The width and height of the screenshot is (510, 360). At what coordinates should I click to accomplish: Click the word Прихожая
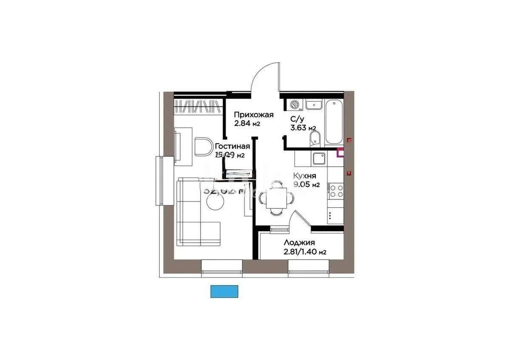pos(254,115)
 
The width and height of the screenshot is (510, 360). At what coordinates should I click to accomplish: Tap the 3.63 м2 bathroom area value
pos(303,128)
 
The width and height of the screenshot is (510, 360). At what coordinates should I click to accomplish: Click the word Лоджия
pos(299,243)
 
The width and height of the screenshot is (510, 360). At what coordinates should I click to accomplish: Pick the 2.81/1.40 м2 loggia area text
pos(305,252)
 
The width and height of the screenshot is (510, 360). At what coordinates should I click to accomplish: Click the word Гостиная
pos(232,147)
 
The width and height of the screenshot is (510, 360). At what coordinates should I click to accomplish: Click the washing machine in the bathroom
pos(294,105)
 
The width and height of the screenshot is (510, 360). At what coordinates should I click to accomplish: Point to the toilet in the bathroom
pos(315,138)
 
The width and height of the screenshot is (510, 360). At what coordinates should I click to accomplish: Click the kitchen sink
pos(319,159)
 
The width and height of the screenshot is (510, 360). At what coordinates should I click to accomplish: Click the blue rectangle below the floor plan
pos(225,291)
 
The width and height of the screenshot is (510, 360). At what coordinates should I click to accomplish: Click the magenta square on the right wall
pos(340,153)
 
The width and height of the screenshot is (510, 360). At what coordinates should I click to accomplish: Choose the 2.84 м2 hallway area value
pos(247,124)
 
